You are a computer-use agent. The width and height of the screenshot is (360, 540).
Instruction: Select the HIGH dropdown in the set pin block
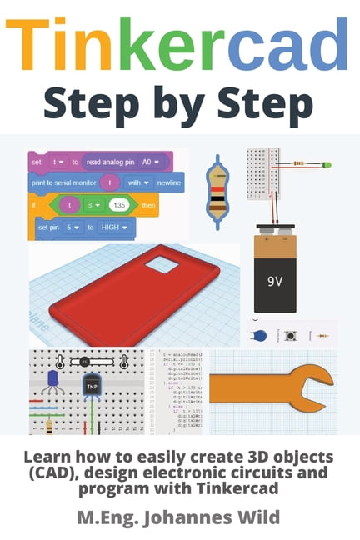click(x=112, y=227)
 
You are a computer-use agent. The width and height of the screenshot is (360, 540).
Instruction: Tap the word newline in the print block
click(x=165, y=182)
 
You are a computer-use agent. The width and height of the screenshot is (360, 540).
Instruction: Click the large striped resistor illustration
click(x=217, y=192)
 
